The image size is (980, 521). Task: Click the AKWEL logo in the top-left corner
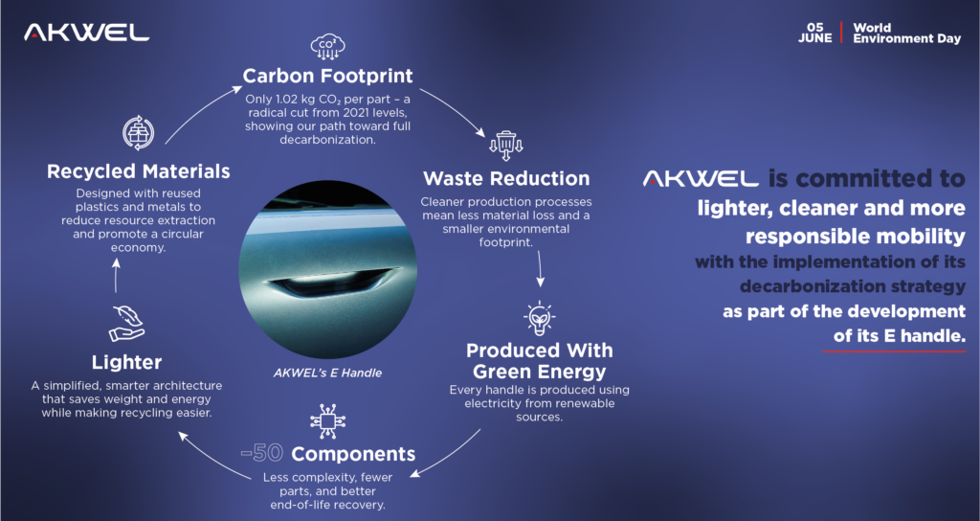[86, 33]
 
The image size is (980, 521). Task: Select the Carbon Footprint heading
[327, 76]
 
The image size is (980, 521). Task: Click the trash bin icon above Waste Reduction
[506, 146]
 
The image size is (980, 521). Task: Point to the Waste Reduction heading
[506, 178]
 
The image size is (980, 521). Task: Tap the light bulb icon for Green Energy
[540, 318]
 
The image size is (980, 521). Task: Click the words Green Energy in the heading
[540, 372]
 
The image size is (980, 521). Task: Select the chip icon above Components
[328, 421]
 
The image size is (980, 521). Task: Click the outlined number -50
[262, 453]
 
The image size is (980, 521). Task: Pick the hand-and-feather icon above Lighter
[127, 324]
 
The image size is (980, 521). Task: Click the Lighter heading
[127, 362]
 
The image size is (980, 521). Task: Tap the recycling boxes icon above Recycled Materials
[138, 132]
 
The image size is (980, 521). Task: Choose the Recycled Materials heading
[138, 171]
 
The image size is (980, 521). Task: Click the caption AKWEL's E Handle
[327, 373]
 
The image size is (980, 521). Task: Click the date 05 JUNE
[815, 34]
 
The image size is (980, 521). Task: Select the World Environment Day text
[907, 34]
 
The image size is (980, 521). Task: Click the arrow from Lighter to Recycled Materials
[116, 276]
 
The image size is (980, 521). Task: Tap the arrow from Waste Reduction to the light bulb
[540, 269]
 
